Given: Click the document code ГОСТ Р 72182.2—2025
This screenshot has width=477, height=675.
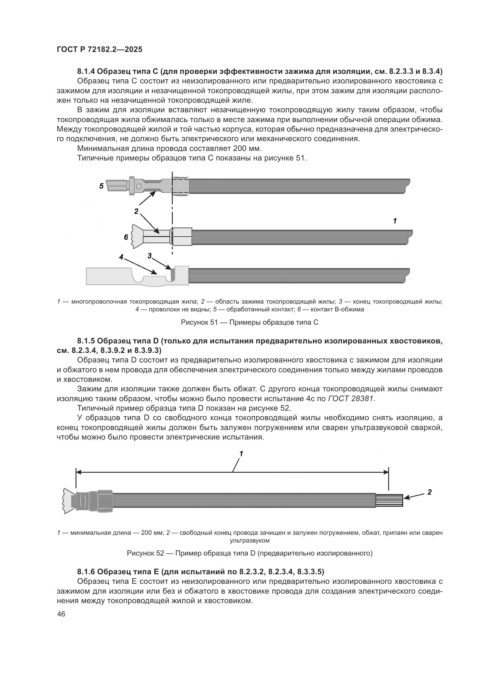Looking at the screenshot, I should pos(99,50).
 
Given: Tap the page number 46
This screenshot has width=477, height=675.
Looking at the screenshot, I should pos(61,614).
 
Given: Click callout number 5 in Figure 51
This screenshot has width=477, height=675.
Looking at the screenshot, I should pos(102,186).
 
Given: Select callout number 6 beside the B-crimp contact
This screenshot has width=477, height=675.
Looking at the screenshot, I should pos(126,237).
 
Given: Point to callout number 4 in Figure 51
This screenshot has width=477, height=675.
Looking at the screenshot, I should pos(121,257).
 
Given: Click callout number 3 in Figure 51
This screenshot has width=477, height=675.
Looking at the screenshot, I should pos(150,256).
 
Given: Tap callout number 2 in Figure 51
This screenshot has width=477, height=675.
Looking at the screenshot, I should pos(136,211).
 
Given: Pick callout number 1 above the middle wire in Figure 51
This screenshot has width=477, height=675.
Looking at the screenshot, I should pos(395,220).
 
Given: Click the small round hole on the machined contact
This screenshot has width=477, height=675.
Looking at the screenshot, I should pos(138,186).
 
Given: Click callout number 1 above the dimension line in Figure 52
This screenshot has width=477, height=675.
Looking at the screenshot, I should pos(241,454).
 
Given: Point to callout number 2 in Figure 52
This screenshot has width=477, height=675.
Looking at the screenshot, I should pos(429,492).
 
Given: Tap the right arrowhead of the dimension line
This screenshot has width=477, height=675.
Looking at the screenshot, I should pos(386,472).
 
